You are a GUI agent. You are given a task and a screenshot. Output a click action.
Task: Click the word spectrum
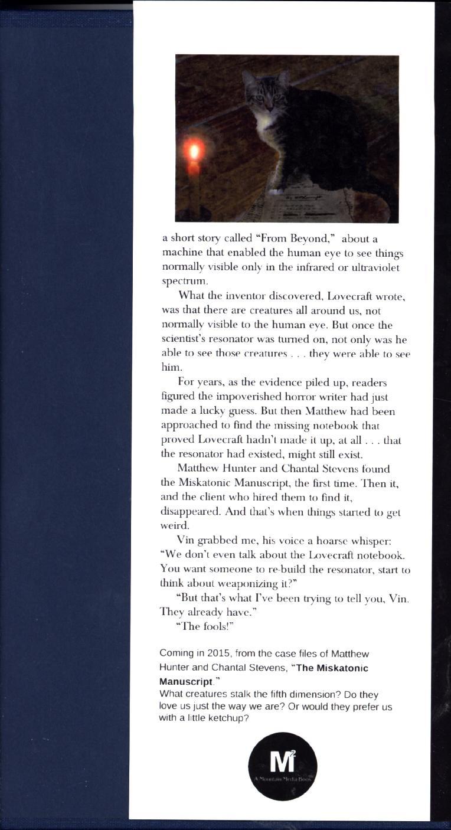coord(182,282)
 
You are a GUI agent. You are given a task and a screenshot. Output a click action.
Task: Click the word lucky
coord(215,411)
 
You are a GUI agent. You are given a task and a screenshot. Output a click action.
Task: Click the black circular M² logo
coord(282,767)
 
